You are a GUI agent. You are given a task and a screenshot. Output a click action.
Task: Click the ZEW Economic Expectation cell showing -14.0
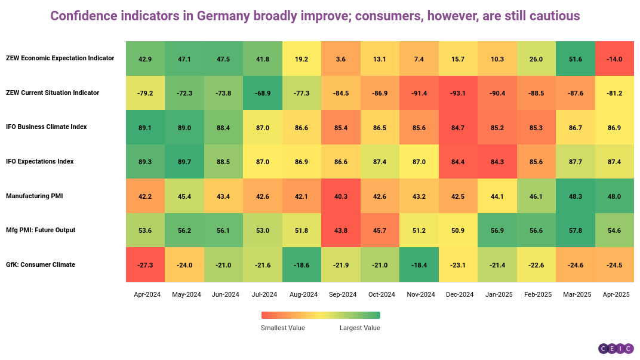coord(614,59)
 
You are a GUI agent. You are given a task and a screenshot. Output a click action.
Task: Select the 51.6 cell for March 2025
coord(576,59)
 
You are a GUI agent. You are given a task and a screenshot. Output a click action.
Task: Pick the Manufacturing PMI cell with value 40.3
coord(340,196)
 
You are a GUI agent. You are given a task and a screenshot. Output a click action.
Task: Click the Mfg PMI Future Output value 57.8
coord(576,230)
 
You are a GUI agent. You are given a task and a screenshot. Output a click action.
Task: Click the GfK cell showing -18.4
coord(419,264)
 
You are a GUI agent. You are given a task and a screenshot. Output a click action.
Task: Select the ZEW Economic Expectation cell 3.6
coord(340,59)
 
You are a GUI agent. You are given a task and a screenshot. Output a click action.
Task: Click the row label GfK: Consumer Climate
coord(41,264)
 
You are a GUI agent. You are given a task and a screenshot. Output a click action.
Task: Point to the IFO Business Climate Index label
coord(47,127)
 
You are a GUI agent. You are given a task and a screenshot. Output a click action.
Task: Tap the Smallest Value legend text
coord(283,328)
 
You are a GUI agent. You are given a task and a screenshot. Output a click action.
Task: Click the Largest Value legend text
coord(360,328)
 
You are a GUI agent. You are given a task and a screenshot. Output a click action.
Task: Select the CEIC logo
coord(616,348)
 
